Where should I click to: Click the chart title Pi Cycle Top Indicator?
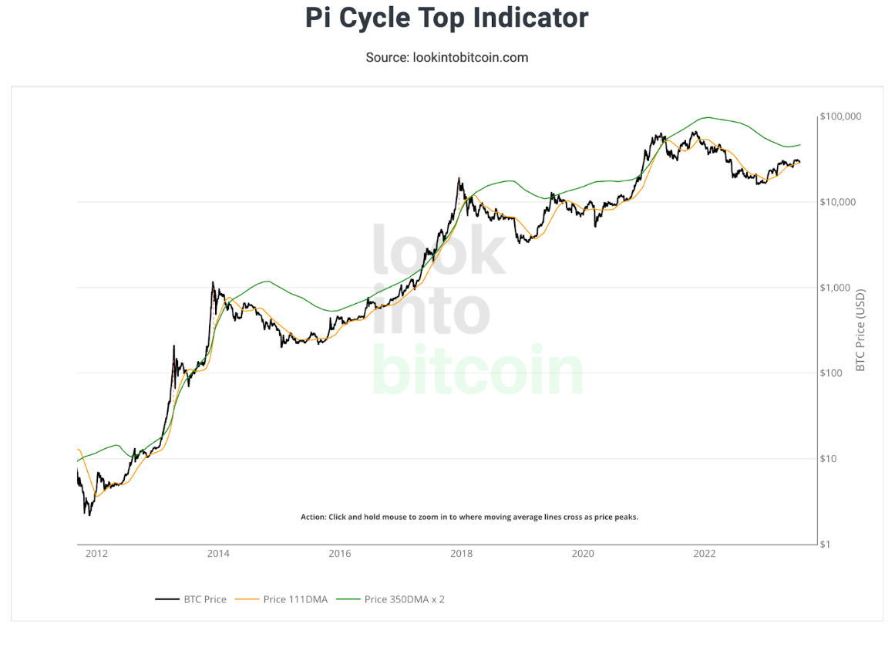point(446,18)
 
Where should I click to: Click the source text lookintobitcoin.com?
point(446,57)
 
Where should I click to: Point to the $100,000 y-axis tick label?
point(839,116)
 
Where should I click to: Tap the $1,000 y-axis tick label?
point(835,288)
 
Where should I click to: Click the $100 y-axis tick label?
point(832,373)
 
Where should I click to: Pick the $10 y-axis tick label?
point(829,459)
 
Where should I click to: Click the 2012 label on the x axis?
point(96,554)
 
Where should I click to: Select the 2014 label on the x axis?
point(218,554)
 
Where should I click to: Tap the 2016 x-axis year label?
point(339,554)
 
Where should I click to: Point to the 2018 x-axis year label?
point(461,554)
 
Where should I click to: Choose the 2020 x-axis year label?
point(583,554)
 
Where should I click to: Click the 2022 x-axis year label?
point(705,554)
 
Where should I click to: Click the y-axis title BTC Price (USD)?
point(861,330)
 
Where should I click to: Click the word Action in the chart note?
point(313,517)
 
